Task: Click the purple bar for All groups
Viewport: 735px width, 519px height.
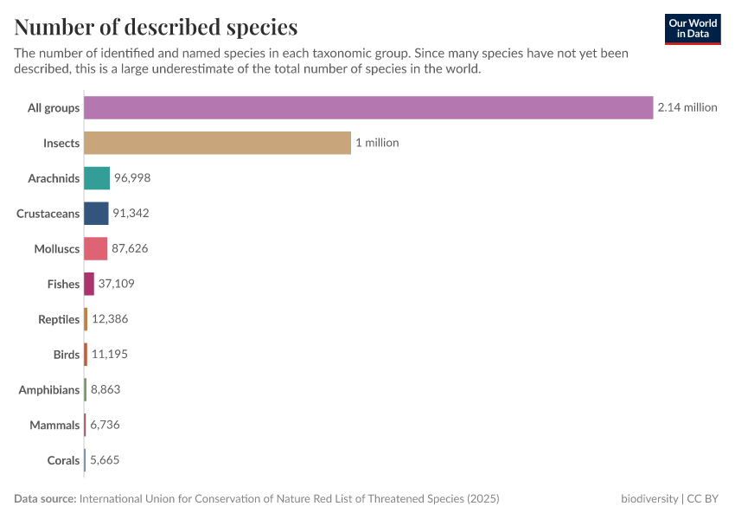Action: coord(367,107)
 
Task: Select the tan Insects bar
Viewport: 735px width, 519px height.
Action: coord(217,143)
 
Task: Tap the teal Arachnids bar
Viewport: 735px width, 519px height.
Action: coord(97,178)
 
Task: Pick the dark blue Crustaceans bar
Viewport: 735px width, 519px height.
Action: coord(96,214)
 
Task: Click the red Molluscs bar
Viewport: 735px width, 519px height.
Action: coord(95,248)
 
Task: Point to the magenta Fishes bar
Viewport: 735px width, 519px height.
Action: coord(89,284)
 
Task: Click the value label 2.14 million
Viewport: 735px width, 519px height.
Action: coord(687,107)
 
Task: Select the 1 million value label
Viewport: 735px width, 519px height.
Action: coord(377,143)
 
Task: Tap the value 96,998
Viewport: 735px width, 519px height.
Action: coord(132,178)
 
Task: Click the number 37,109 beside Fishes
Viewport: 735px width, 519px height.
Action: coord(116,284)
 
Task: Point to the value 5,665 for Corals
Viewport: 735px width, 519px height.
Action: coord(105,460)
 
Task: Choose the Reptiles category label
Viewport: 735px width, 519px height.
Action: coord(59,319)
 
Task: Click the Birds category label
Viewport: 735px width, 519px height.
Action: coord(67,355)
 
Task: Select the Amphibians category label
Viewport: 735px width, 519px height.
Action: coord(49,390)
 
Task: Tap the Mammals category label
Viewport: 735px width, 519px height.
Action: coord(54,426)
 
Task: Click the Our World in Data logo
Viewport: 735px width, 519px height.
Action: coord(693,29)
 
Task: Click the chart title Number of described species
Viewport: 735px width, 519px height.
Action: coord(156,27)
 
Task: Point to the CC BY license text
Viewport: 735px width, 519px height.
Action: coord(703,499)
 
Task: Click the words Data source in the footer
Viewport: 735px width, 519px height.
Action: coord(45,499)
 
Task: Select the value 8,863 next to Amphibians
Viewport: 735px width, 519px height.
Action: coord(105,390)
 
